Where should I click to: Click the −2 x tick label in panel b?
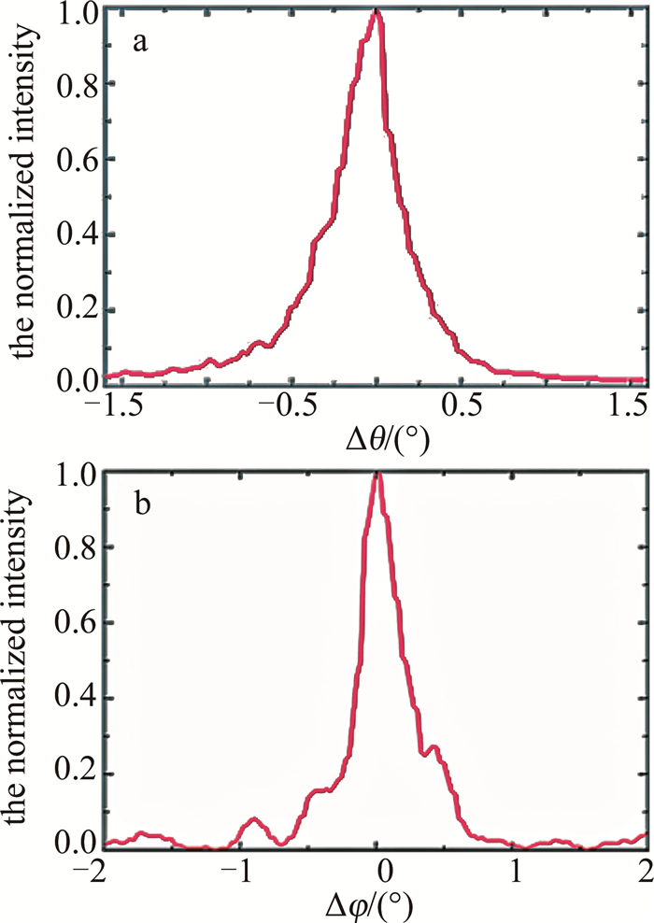point(107,869)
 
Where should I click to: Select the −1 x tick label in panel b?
point(241,869)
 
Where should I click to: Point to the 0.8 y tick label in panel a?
point(77,84)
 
